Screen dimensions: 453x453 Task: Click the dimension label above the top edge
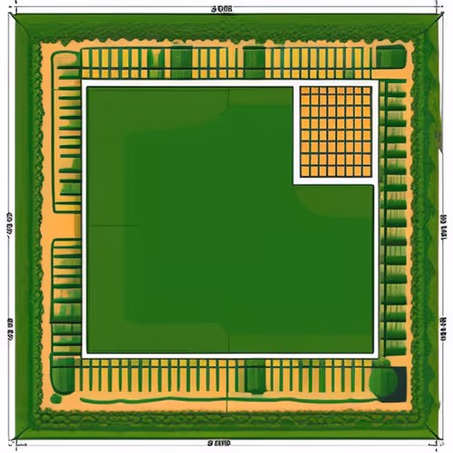(221, 8)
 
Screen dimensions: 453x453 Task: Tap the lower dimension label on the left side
(8, 323)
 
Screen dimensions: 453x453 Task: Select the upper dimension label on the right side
(444, 218)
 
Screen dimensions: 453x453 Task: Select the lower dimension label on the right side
(444, 323)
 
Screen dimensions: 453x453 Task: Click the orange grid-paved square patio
(335, 131)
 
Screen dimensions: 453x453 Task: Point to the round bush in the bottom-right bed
(384, 379)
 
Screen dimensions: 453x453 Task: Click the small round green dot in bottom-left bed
(56, 397)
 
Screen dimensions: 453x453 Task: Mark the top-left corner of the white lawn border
(84, 82)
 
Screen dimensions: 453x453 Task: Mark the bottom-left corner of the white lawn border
(84, 354)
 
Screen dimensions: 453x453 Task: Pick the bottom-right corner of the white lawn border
(377, 354)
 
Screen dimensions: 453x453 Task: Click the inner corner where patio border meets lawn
(295, 181)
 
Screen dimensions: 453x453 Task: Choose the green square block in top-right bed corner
(390, 58)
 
